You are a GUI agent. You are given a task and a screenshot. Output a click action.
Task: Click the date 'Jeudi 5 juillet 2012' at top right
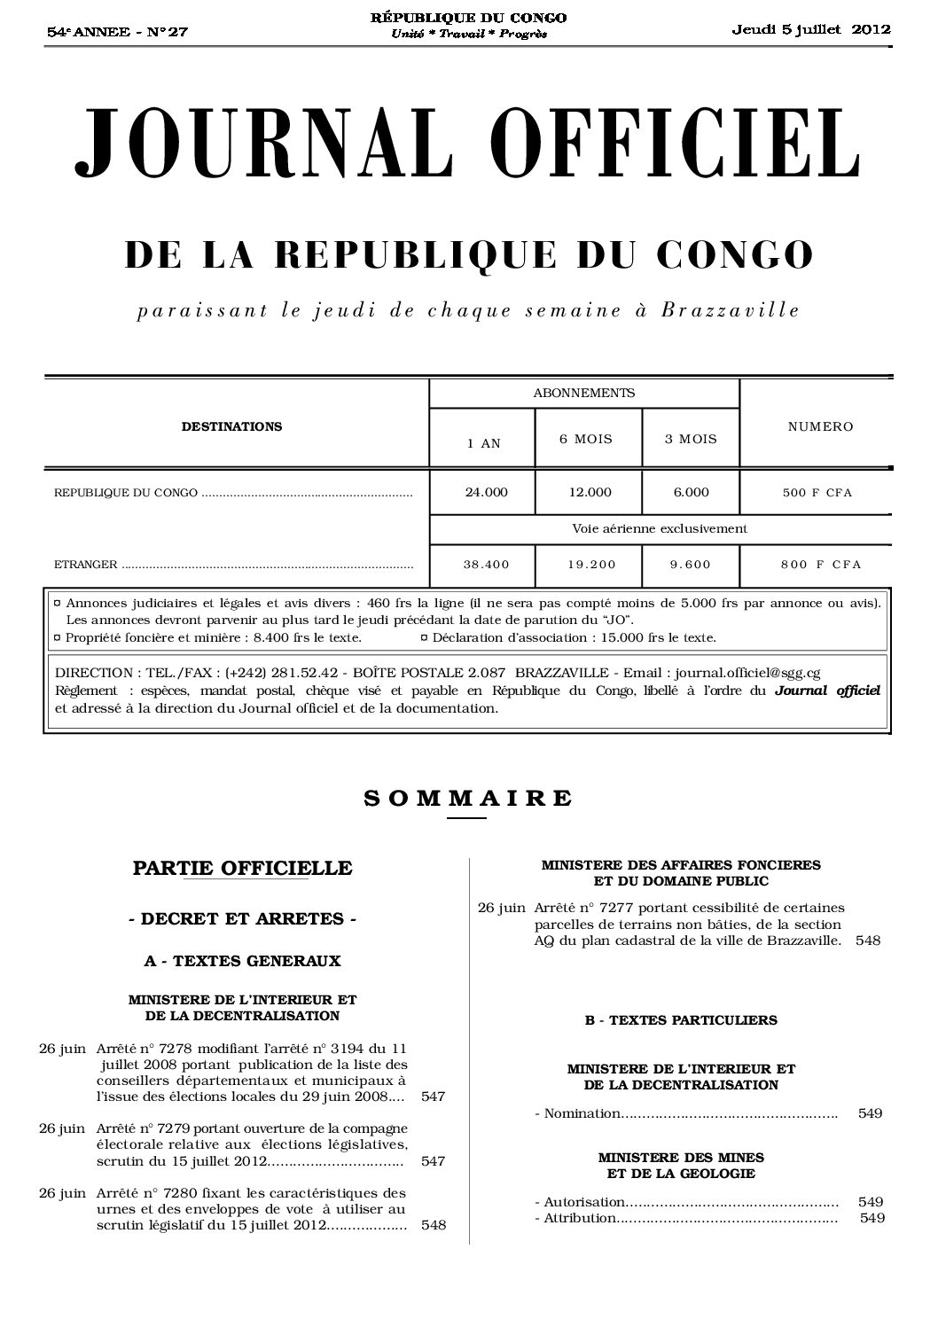(810, 28)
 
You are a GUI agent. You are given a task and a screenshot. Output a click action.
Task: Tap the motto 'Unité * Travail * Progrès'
(469, 34)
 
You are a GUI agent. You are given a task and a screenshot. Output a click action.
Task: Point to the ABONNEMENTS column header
(583, 393)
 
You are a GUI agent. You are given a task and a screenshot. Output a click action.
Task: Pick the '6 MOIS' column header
(586, 439)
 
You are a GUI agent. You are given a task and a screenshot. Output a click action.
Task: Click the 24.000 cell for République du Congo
(486, 492)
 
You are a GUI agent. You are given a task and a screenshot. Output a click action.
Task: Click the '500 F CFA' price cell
(817, 493)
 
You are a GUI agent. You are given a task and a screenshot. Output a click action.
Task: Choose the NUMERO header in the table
(820, 426)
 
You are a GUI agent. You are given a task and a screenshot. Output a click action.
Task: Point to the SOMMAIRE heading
(468, 797)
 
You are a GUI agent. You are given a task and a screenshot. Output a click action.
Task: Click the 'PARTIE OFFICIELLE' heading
(242, 868)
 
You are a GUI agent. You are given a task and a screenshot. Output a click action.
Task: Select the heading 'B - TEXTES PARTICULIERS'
(681, 1020)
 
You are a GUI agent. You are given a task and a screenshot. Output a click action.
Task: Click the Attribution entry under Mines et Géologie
(576, 1218)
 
